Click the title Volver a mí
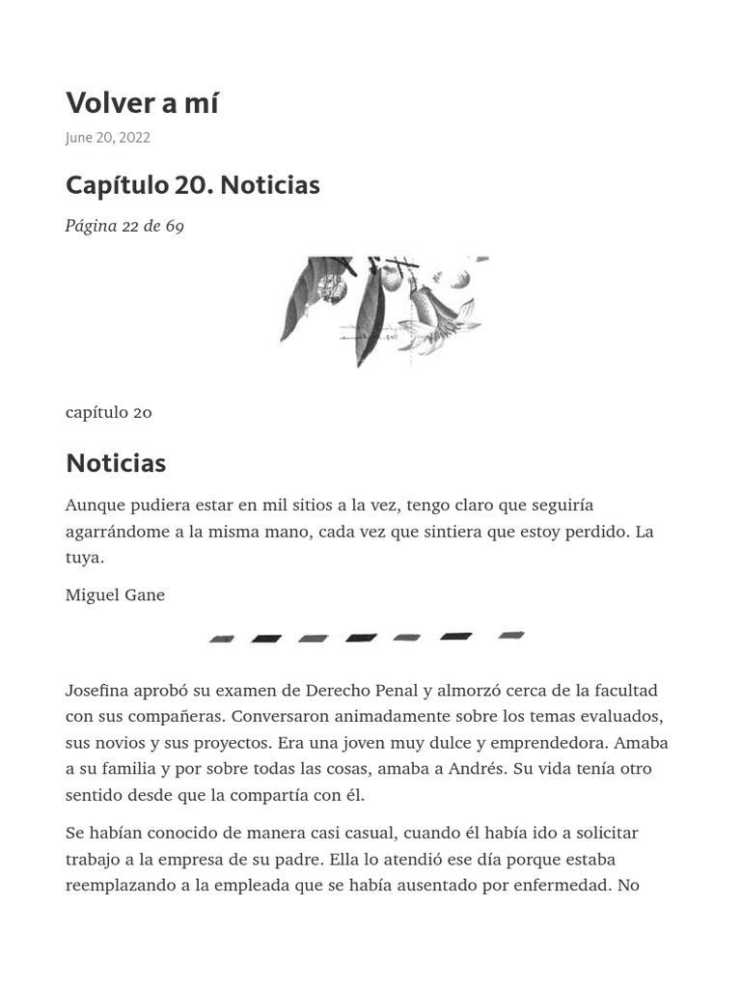(x=142, y=102)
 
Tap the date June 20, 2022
(x=107, y=137)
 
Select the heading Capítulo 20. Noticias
(x=192, y=184)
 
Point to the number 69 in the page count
(x=174, y=226)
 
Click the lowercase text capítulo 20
(x=108, y=412)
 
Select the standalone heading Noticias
(x=116, y=463)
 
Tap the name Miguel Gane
(x=115, y=594)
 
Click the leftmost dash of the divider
(x=222, y=638)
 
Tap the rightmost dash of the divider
(x=511, y=635)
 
